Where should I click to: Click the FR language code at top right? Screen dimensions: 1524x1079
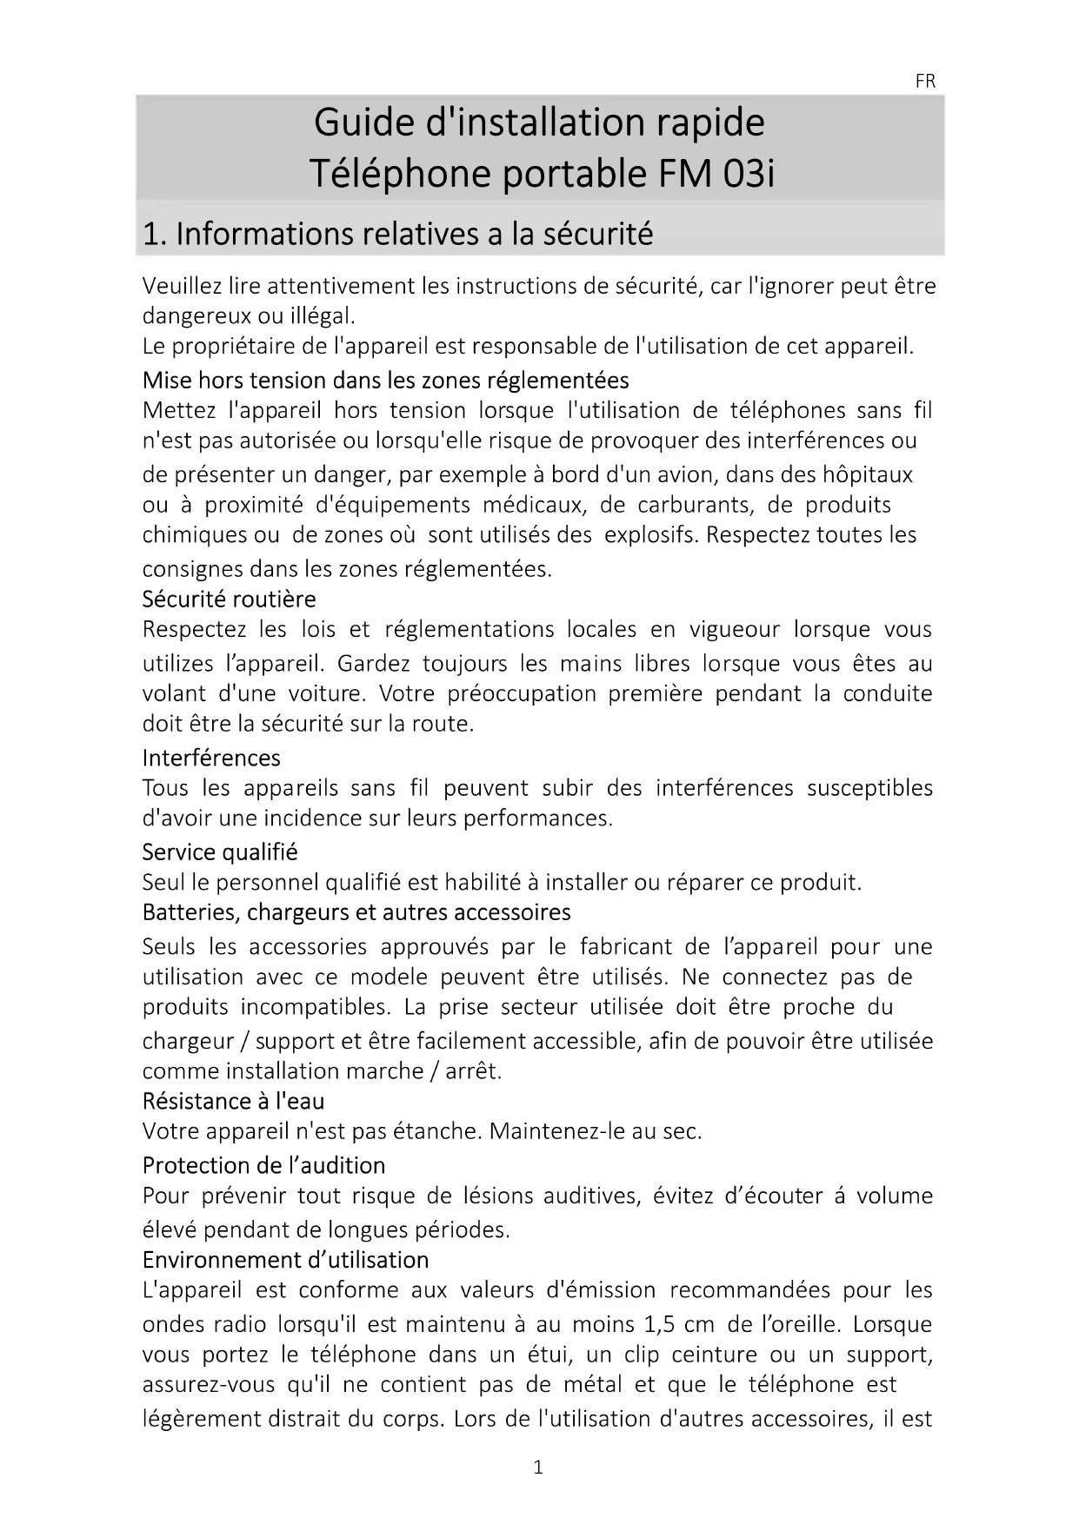point(925,82)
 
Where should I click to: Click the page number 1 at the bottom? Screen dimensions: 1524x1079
point(538,1468)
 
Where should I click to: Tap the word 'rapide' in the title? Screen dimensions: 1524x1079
point(710,123)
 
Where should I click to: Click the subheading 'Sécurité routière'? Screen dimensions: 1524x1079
point(229,600)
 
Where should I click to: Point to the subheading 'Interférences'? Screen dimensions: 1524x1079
point(211,758)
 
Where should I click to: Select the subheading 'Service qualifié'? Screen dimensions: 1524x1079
point(220,852)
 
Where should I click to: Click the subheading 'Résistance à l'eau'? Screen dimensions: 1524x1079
point(233,1102)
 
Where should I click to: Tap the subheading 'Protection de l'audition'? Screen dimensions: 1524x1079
point(263,1165)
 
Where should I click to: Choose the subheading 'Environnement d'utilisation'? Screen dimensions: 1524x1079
point(285,1260)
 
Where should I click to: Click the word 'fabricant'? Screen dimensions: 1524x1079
point(626,946)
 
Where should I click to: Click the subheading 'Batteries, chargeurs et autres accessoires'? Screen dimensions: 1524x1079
point(356,912)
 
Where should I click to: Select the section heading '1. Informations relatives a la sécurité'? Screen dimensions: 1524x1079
point(397,234)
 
